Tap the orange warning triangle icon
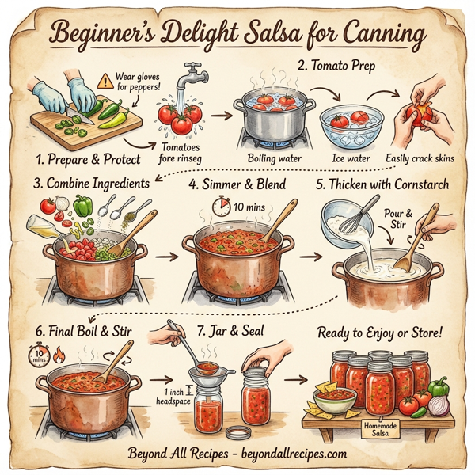[104, 81]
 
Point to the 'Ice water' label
[351, 158]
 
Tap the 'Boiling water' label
[269, 158]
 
